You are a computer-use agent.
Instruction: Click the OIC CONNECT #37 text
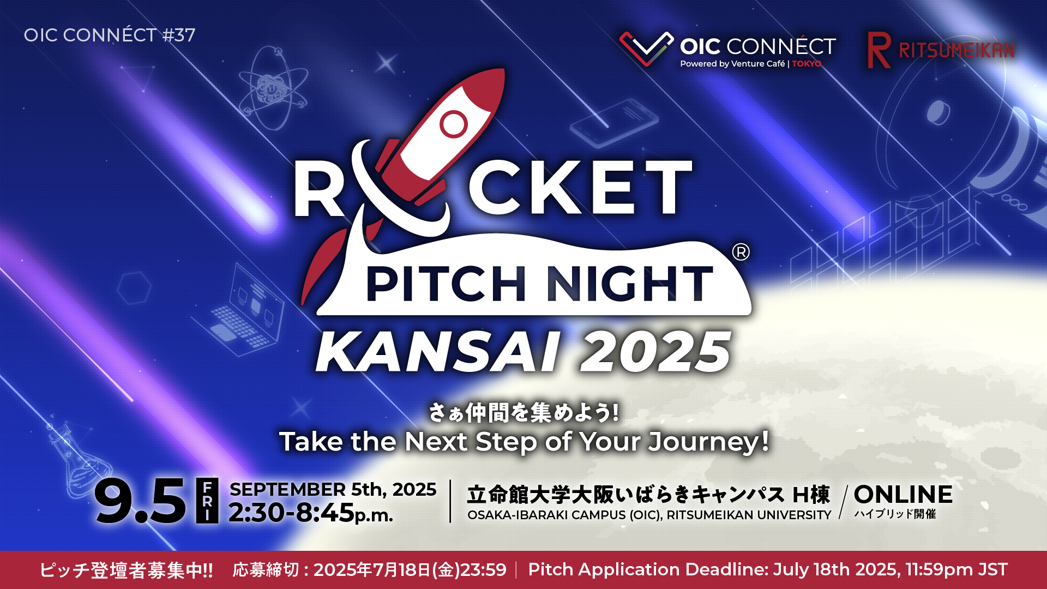pyautogui.click(x=110, y=35)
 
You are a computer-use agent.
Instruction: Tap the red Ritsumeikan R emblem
pyautogui.click(x=879, y=50)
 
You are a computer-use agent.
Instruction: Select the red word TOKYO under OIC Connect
pyautogui.click(x=807, y=64)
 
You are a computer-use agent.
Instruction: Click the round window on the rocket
pyautogui.click(x=454, y=124)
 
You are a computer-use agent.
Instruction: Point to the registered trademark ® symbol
pyautogui.click(x=741, y=252)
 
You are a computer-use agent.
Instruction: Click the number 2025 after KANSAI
pyautogui.click(x=655, y=352)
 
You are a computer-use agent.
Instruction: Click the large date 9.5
pyautogui.click(x=140, y=501)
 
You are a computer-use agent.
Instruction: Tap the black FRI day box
pyautogui.click(x=207, y=501)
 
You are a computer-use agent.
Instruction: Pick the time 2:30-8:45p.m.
pyautogui.click(x=310, y=513)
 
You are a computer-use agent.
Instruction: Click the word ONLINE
pyautogui.click(x=903, y=495)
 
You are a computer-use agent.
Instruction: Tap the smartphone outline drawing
pyautogui.click(x=615, y=122)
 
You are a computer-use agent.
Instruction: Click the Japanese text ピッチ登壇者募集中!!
pyautogui.click(x=127, y=570)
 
